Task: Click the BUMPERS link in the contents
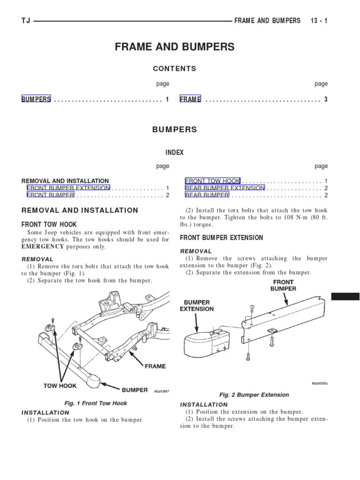click(x=36, y=99)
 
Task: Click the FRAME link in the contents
click(x=190, y=99)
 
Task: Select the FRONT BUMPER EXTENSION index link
click(x=68, y=188)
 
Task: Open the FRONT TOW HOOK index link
click(x=213, y=181)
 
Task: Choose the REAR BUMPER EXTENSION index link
click(x=225, y=188)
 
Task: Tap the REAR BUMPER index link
click(x=207, y=195)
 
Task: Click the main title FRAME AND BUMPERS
click(x=174, y=47)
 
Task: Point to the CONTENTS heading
click(x=174, y=68)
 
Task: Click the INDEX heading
click(x=174, y=153)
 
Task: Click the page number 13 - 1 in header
click(x=319, y=21)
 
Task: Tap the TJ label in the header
click(x=26, y=21)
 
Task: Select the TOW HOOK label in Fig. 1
click(x=60, y=386)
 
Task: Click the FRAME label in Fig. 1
click(x=155, y=366)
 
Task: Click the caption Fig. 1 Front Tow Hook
click(x=96, y=403)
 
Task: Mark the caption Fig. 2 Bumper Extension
click(x=254, y=395)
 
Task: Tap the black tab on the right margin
click(x=345, y=297)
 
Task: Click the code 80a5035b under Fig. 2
click(x=320, y=383)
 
